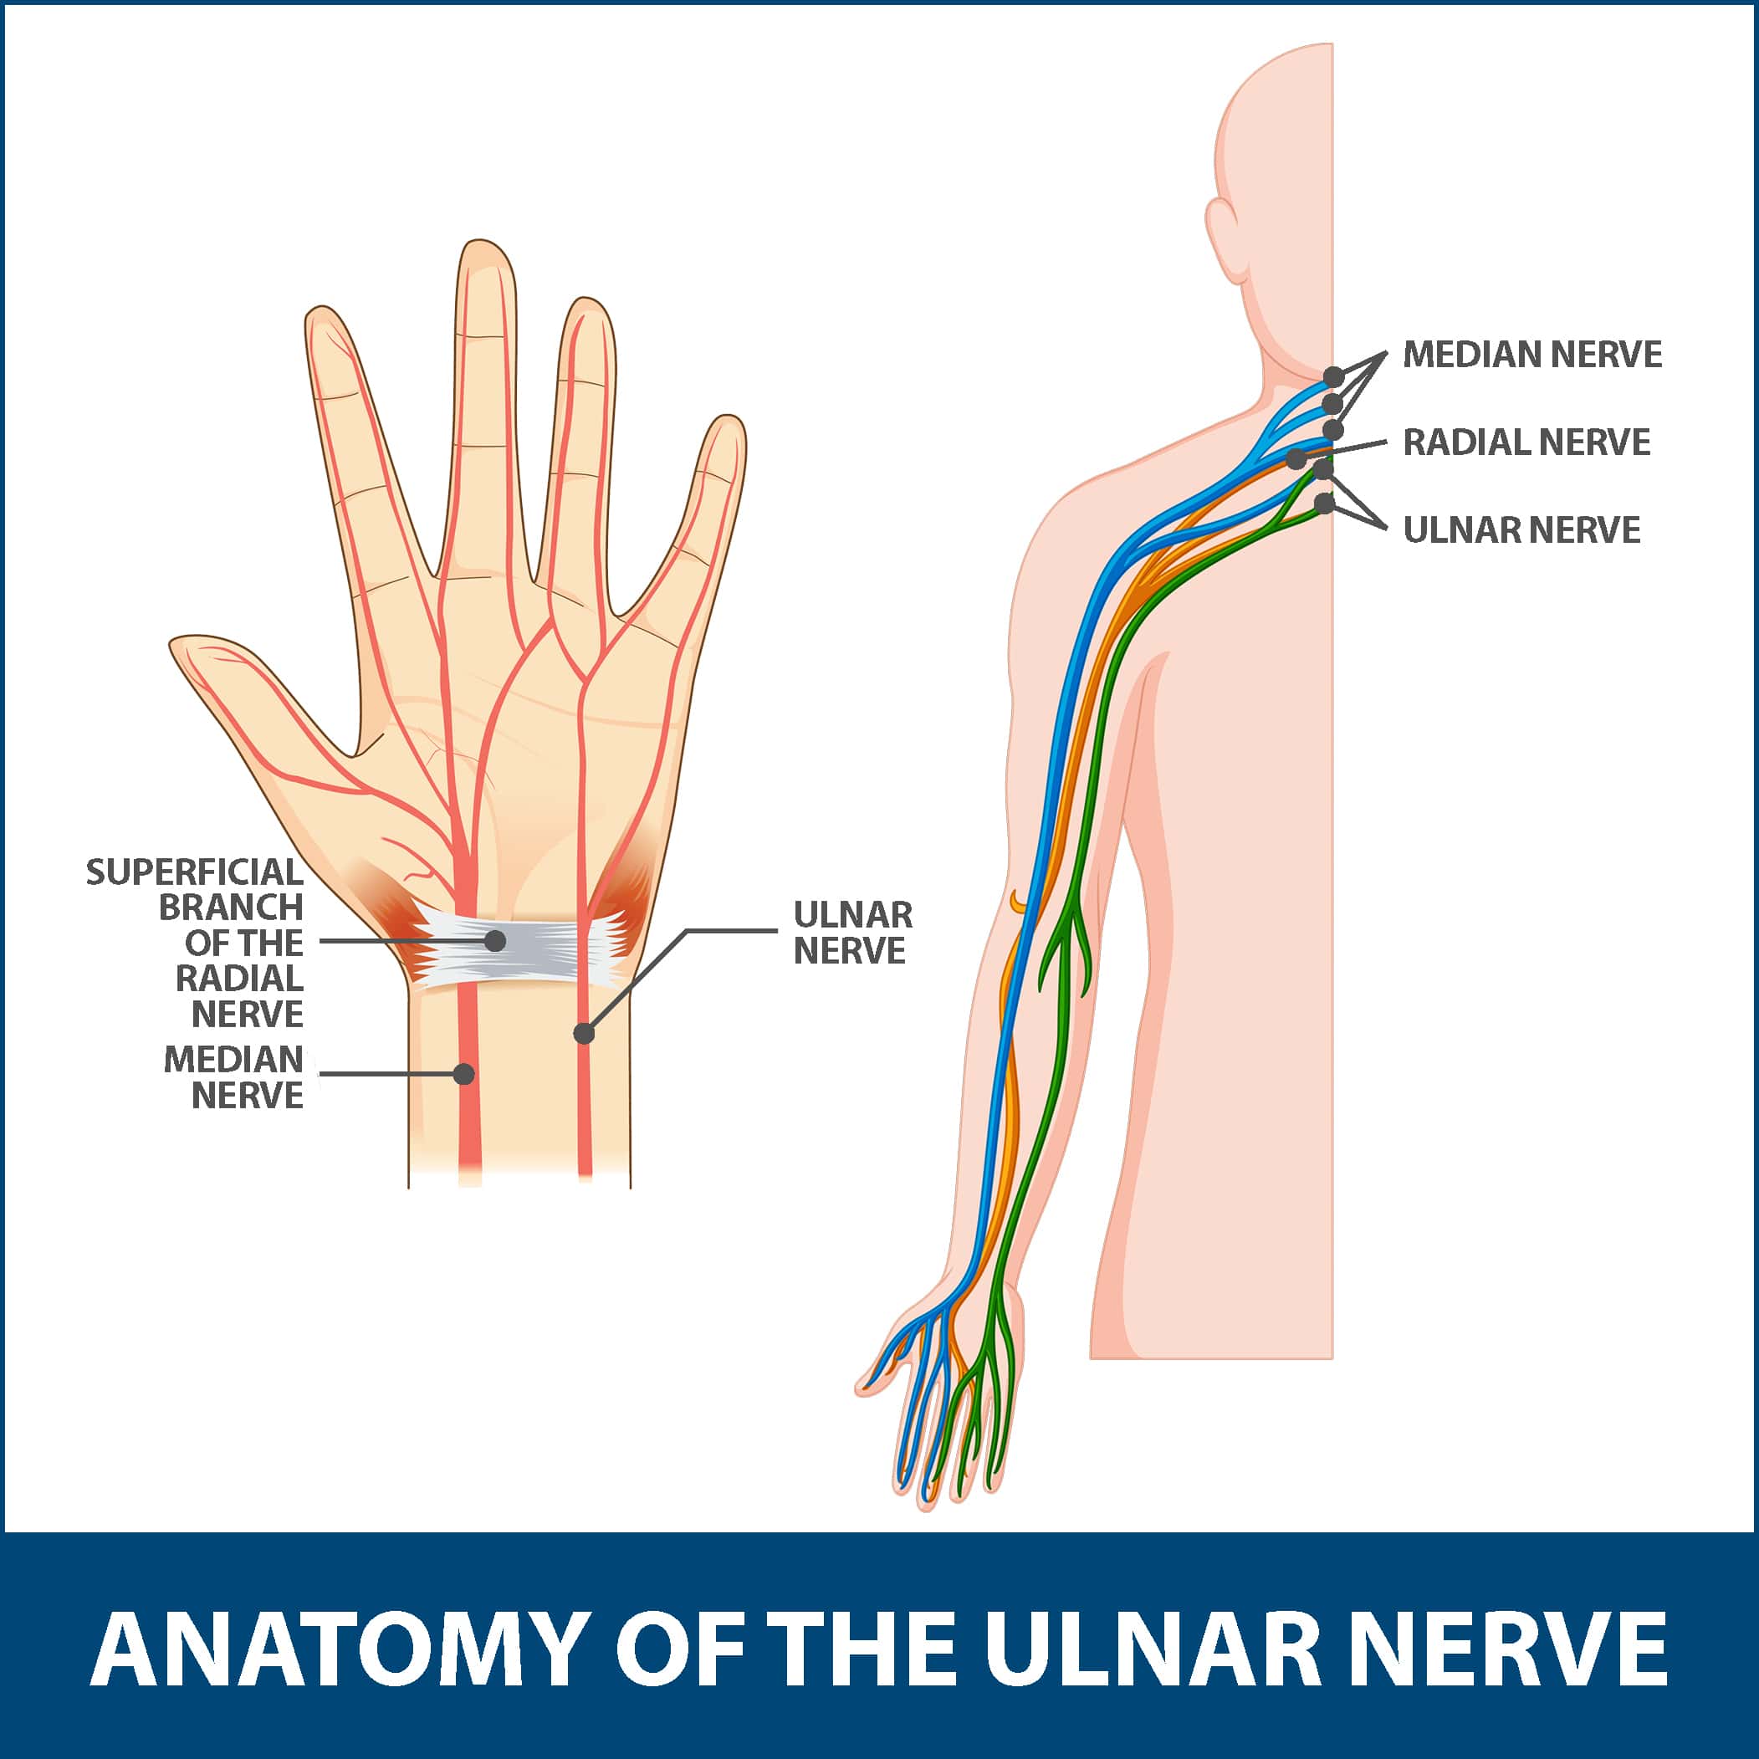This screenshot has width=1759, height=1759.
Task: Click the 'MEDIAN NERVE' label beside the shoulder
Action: [1532, 354]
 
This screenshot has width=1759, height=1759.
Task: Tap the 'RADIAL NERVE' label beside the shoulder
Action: [1526, 442]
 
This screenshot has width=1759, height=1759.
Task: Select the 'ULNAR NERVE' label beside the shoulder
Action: [1521, 530]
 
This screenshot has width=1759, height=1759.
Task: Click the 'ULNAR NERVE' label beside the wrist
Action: [852, 933]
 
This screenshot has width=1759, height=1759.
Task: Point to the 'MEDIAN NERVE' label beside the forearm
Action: [234, 1077]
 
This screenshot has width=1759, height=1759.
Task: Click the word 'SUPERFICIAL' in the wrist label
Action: [195, 872]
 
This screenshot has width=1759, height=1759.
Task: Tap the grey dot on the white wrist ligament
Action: [495, 940]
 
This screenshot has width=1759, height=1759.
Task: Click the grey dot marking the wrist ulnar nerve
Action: [585, 1033]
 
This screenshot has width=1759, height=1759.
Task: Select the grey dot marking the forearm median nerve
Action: [464, 1074]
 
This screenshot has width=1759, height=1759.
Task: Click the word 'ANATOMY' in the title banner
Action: [336, 1649]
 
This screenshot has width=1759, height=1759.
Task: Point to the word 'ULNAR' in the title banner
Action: [1150, 1649]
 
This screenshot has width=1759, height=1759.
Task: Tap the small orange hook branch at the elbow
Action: [1016, 901]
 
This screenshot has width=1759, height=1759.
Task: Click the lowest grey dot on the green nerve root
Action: [1325, 503]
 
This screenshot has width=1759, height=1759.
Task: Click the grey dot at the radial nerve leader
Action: [1296, 460]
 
